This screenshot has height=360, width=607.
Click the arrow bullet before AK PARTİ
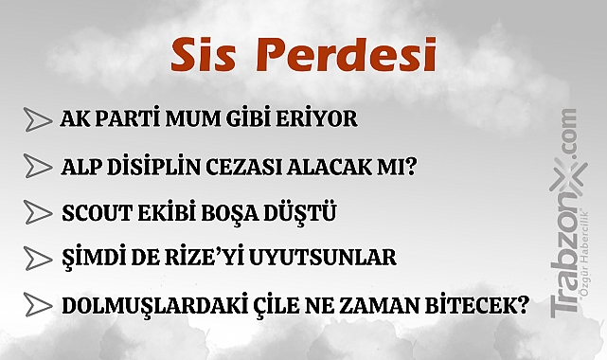tap(37, 121)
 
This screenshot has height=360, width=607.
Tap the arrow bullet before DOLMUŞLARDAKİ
tap(37, 306)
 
